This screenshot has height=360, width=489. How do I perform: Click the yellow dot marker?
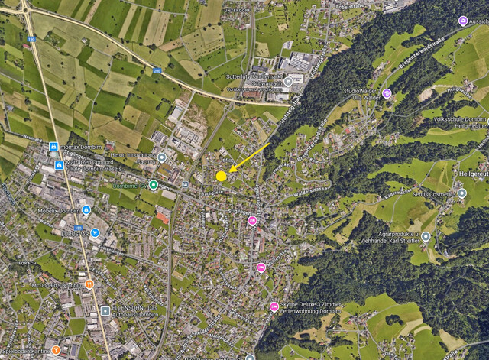point(221,176)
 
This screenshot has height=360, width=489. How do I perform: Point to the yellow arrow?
point(249,158)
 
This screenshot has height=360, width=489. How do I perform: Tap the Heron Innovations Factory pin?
point(162,157)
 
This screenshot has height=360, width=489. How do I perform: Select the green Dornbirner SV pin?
point(154,185)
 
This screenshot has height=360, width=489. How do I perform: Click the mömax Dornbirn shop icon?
point(53,146)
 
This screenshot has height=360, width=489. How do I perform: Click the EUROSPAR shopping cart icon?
point(95,232)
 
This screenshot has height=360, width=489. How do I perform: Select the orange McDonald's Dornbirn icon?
point(89,284)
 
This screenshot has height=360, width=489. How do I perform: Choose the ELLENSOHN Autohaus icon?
point(105,310)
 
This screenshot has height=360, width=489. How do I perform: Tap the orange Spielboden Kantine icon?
point(56,349)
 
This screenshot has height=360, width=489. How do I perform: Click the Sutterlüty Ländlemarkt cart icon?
point(288,81)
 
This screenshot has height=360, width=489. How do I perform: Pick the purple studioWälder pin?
point(387,93)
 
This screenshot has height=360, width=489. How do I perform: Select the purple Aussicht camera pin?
point(462,21)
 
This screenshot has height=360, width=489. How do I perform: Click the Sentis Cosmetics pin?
point(461,193)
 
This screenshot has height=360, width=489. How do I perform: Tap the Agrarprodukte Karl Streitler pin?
point(426,237)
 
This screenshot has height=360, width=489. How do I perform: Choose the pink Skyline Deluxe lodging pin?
point(274,307)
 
